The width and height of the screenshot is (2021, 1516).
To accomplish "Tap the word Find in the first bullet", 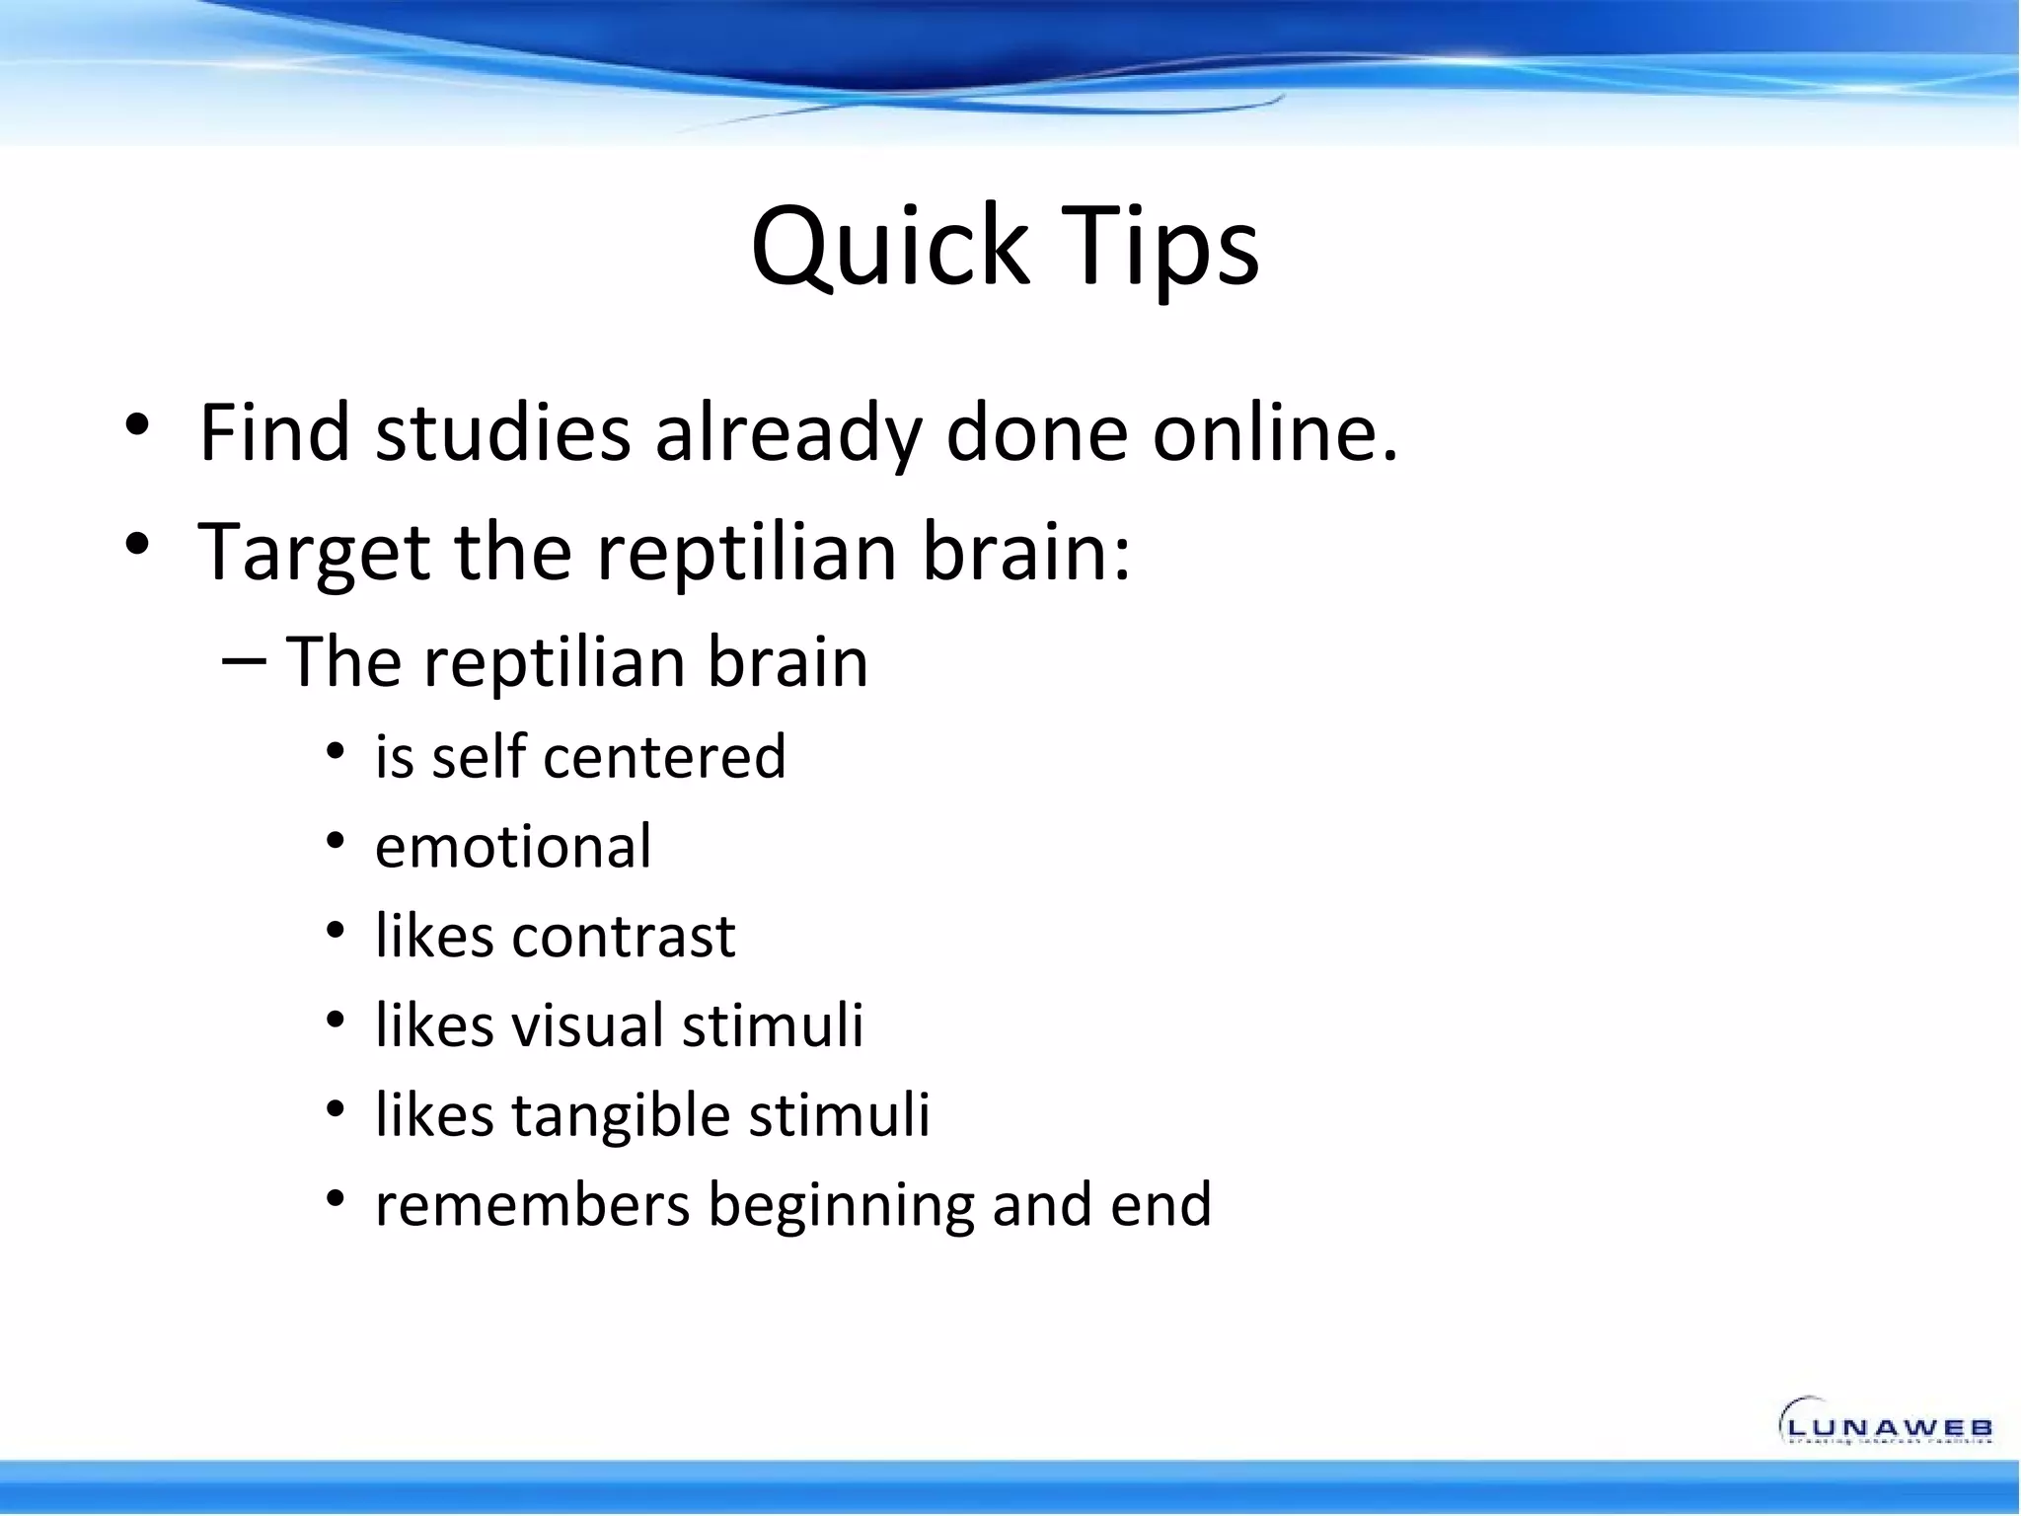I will tap(274, 433).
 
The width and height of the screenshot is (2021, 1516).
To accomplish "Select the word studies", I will tap(502, 433).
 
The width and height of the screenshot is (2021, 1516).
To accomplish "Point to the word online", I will tap(1275, 433).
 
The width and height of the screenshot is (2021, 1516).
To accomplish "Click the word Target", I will tap(314, 553).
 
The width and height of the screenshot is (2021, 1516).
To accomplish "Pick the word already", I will tap(786, 435).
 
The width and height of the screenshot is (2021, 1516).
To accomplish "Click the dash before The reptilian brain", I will tap(244, 661).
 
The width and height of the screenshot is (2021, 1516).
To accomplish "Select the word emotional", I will tap(513, 847).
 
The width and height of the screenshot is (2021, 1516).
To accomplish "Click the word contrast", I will tap(623, 936).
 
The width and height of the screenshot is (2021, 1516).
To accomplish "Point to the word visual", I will tap(586, 1025).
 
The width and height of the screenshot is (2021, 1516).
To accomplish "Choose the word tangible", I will tap(621, 1116).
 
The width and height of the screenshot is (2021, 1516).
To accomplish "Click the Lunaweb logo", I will tap(1885, 1421).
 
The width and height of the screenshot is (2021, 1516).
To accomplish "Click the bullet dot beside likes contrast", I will tap(336, 930).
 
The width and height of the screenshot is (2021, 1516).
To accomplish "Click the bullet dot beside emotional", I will tap(336, 841).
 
